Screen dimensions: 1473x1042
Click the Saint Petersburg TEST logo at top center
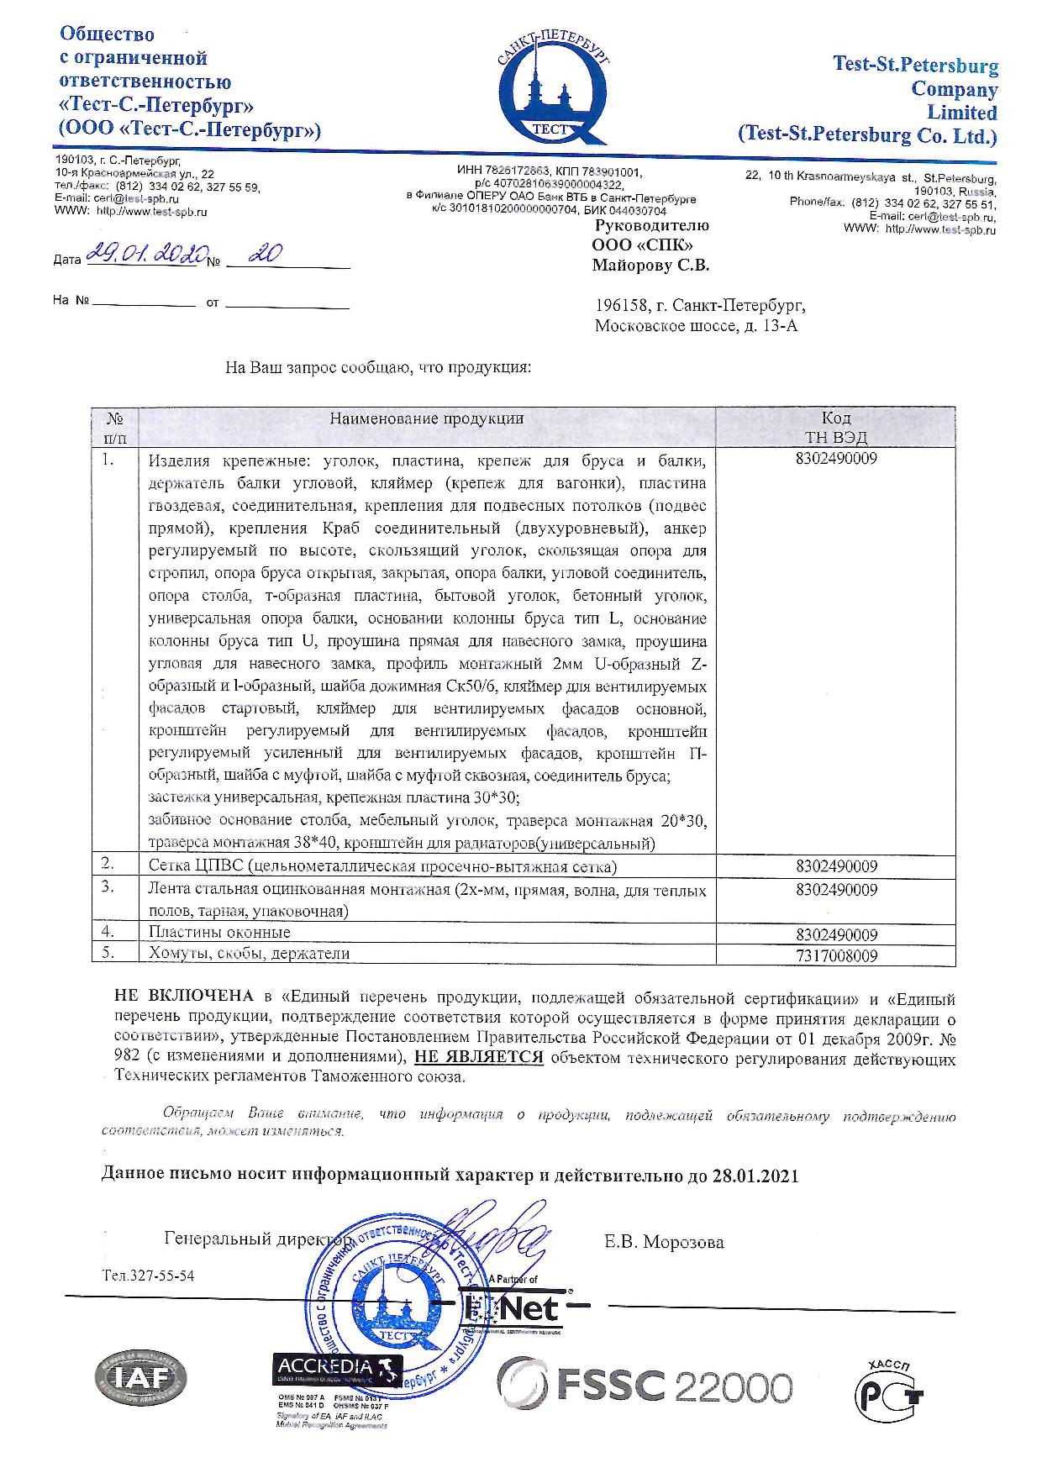(552, 89)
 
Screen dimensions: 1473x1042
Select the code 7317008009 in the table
(835, 955)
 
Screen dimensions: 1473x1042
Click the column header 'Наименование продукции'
(426, 418)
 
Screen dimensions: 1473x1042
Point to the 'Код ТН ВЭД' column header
(835, 427)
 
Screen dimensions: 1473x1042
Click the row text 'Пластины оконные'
(219, 933)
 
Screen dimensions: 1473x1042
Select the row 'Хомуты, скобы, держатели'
(249, 954)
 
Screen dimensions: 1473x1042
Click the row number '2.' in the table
(108, 863)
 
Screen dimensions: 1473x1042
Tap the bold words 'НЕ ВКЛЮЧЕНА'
(183, 997)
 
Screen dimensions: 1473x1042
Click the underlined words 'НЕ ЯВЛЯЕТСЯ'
(485, 1057)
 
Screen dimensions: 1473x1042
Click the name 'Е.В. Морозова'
(663, 1242)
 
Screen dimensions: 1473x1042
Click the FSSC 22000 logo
(645, 1383)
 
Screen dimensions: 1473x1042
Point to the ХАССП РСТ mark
(892, 1383)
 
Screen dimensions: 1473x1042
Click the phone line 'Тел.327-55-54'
(148, 1276)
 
